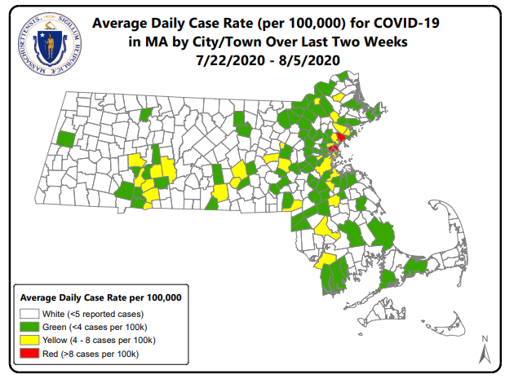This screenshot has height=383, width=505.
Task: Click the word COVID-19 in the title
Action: click(x=397, y=25)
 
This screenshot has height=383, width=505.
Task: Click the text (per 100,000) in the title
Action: click(x=295, y=25)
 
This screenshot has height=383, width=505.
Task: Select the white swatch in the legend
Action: click(x=31, y=314)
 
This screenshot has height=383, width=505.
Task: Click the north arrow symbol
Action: click(x=483, y=350)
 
